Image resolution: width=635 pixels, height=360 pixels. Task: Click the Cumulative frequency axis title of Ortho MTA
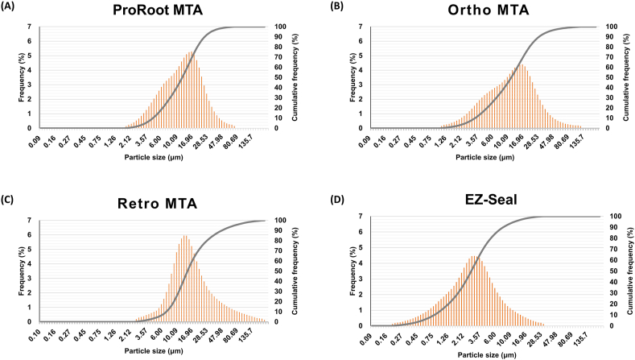click(x=632, y=77)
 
